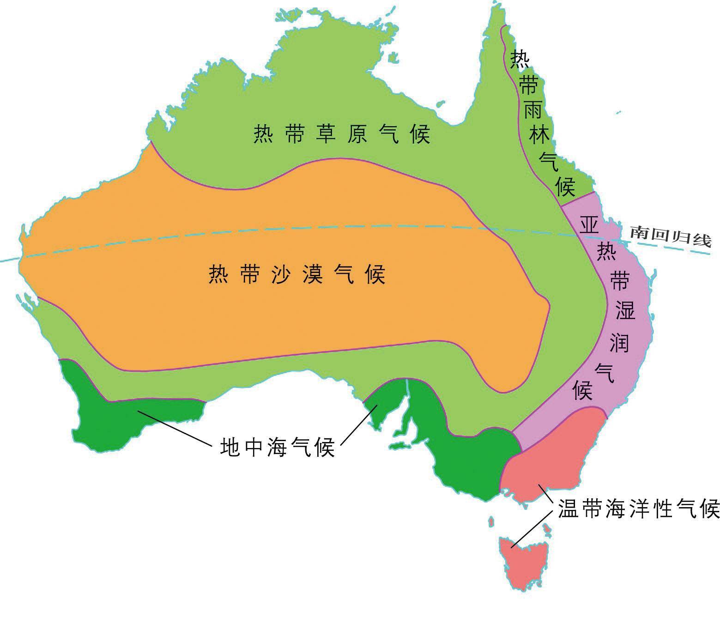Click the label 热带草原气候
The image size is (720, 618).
coord(342,134)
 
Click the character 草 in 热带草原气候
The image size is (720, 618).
coord(325,134)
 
